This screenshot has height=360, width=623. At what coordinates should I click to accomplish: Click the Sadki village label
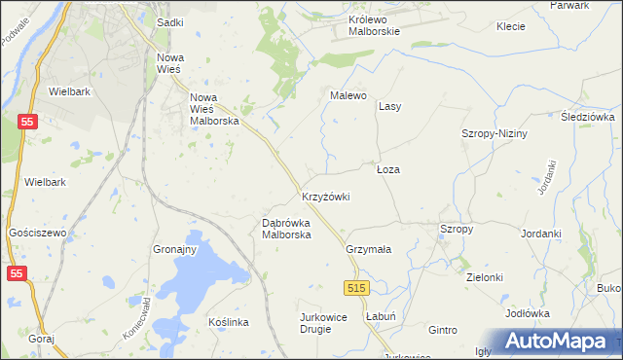[x=169, y=21]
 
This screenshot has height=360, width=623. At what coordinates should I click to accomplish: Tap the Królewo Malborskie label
[x=375, y=24]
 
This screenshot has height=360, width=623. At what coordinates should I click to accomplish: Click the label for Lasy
[x=390, y=106]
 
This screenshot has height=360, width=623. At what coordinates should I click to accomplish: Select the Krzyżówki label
[x=325, y=197]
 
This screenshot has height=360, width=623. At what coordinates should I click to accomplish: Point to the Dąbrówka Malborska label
[x=286, y=228]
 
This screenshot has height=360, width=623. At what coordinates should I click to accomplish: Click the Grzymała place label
[x=368, y=249]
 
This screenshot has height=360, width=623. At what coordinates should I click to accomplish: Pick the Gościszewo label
[x=36, y=234]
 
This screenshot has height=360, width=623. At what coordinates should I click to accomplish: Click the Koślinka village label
[x=230, y=322]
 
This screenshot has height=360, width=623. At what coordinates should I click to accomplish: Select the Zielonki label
[x=485, y=277]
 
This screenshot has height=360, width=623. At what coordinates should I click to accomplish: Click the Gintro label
[x=442, y=331]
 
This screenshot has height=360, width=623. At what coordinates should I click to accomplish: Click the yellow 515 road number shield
[x=356, y=288]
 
